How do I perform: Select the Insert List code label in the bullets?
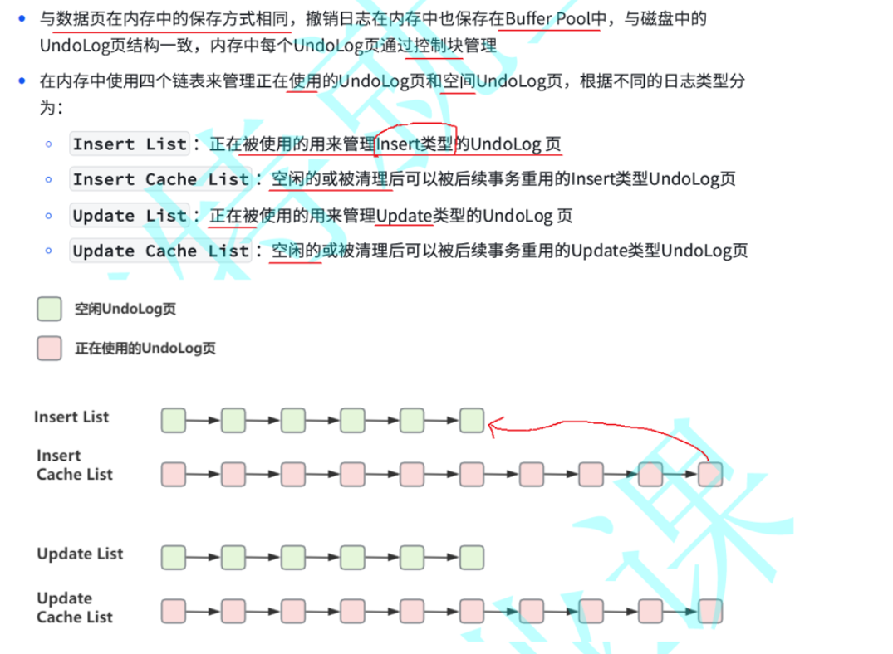(130, 144)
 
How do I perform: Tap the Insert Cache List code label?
(160, 179)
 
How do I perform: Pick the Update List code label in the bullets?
(130, 216)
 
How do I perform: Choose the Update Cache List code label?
(160, 251)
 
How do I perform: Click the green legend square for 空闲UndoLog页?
(49, 310)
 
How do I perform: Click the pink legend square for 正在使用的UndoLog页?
(49, 348)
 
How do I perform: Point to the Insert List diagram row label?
(71, 417)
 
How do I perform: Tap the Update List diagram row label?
(80, 554)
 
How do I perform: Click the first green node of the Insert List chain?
(173, 421)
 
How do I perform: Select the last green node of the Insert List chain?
(472, 421)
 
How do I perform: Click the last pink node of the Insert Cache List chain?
(710, 474)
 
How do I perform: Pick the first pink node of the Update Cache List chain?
(173, 612)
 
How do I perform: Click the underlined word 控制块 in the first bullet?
(438, 46)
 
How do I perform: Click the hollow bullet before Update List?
(49, 216)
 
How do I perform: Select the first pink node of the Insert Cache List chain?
(173, 474)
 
